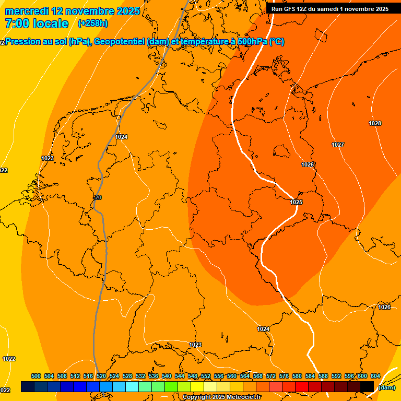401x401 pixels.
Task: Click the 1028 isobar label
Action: (x=374, y=123)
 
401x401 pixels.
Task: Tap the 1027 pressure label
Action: (x=337, y=145)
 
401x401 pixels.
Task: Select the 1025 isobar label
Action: (x=296, y=202)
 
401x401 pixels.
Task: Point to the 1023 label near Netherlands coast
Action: (x=48, y=158)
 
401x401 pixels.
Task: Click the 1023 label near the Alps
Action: (x=195, y=345)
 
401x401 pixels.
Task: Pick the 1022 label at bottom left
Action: (x=9, y=359)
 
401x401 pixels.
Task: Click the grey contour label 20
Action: (x=98, y=197)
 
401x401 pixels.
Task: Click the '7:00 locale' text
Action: (x=37, y=23)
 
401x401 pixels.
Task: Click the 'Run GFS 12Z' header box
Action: (x=330, y=9)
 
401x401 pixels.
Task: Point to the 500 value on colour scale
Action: (x=36, y=376)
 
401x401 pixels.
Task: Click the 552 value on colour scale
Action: (x=206, y=376)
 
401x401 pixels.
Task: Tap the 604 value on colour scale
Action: (x=375, y=376)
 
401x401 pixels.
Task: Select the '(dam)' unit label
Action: (x=387, y=387)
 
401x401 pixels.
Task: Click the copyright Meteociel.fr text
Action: (x=222, y=397)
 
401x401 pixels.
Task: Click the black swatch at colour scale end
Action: (x=367, y=386)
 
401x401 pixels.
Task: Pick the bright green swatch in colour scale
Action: (x=171, y=386)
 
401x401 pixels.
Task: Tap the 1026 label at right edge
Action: (x=384, y=307)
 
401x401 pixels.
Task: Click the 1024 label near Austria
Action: (x=263, y=329)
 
